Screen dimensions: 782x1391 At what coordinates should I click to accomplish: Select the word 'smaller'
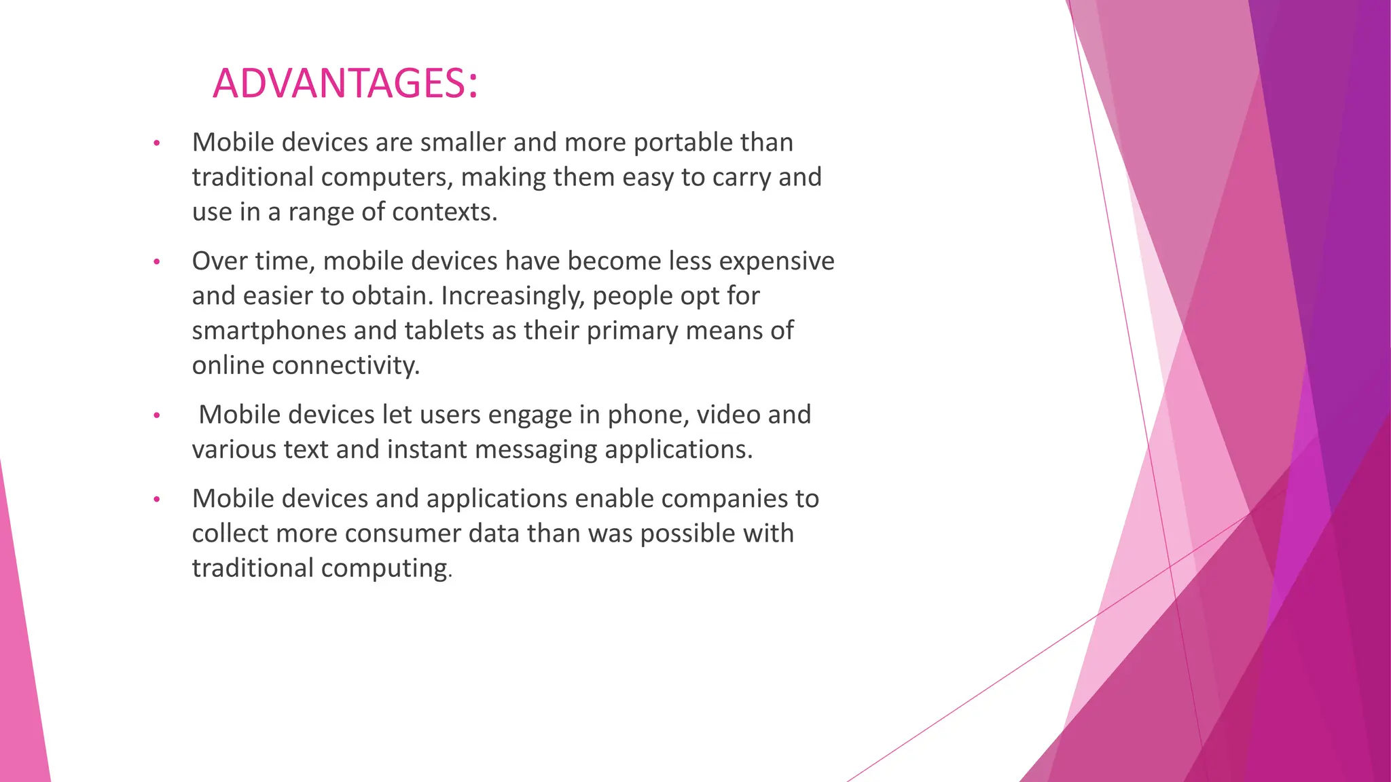tap(463, 143)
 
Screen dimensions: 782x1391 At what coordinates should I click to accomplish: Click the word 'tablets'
tap(446, 331)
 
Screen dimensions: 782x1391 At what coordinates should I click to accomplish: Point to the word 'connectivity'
tap(345, 365)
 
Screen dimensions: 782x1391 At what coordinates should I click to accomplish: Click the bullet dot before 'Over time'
tap(156, 262)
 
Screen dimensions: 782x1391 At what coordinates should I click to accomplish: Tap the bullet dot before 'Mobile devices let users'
tap(156, 415)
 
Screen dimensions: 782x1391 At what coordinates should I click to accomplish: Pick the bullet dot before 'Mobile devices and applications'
tap(156, 500)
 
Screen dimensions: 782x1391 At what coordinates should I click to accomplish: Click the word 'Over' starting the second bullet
tap(219, 261)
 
